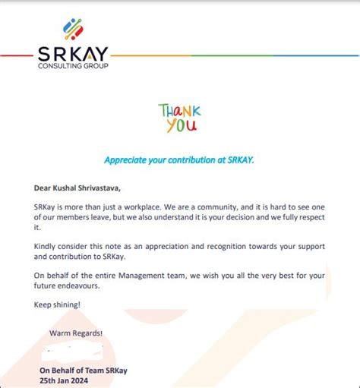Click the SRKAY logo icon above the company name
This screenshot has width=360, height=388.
pos(73,29)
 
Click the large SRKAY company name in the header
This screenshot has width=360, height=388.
pos(73,54)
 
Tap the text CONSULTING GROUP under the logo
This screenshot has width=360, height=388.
pos(73,67)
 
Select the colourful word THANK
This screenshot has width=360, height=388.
pos(179,111)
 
